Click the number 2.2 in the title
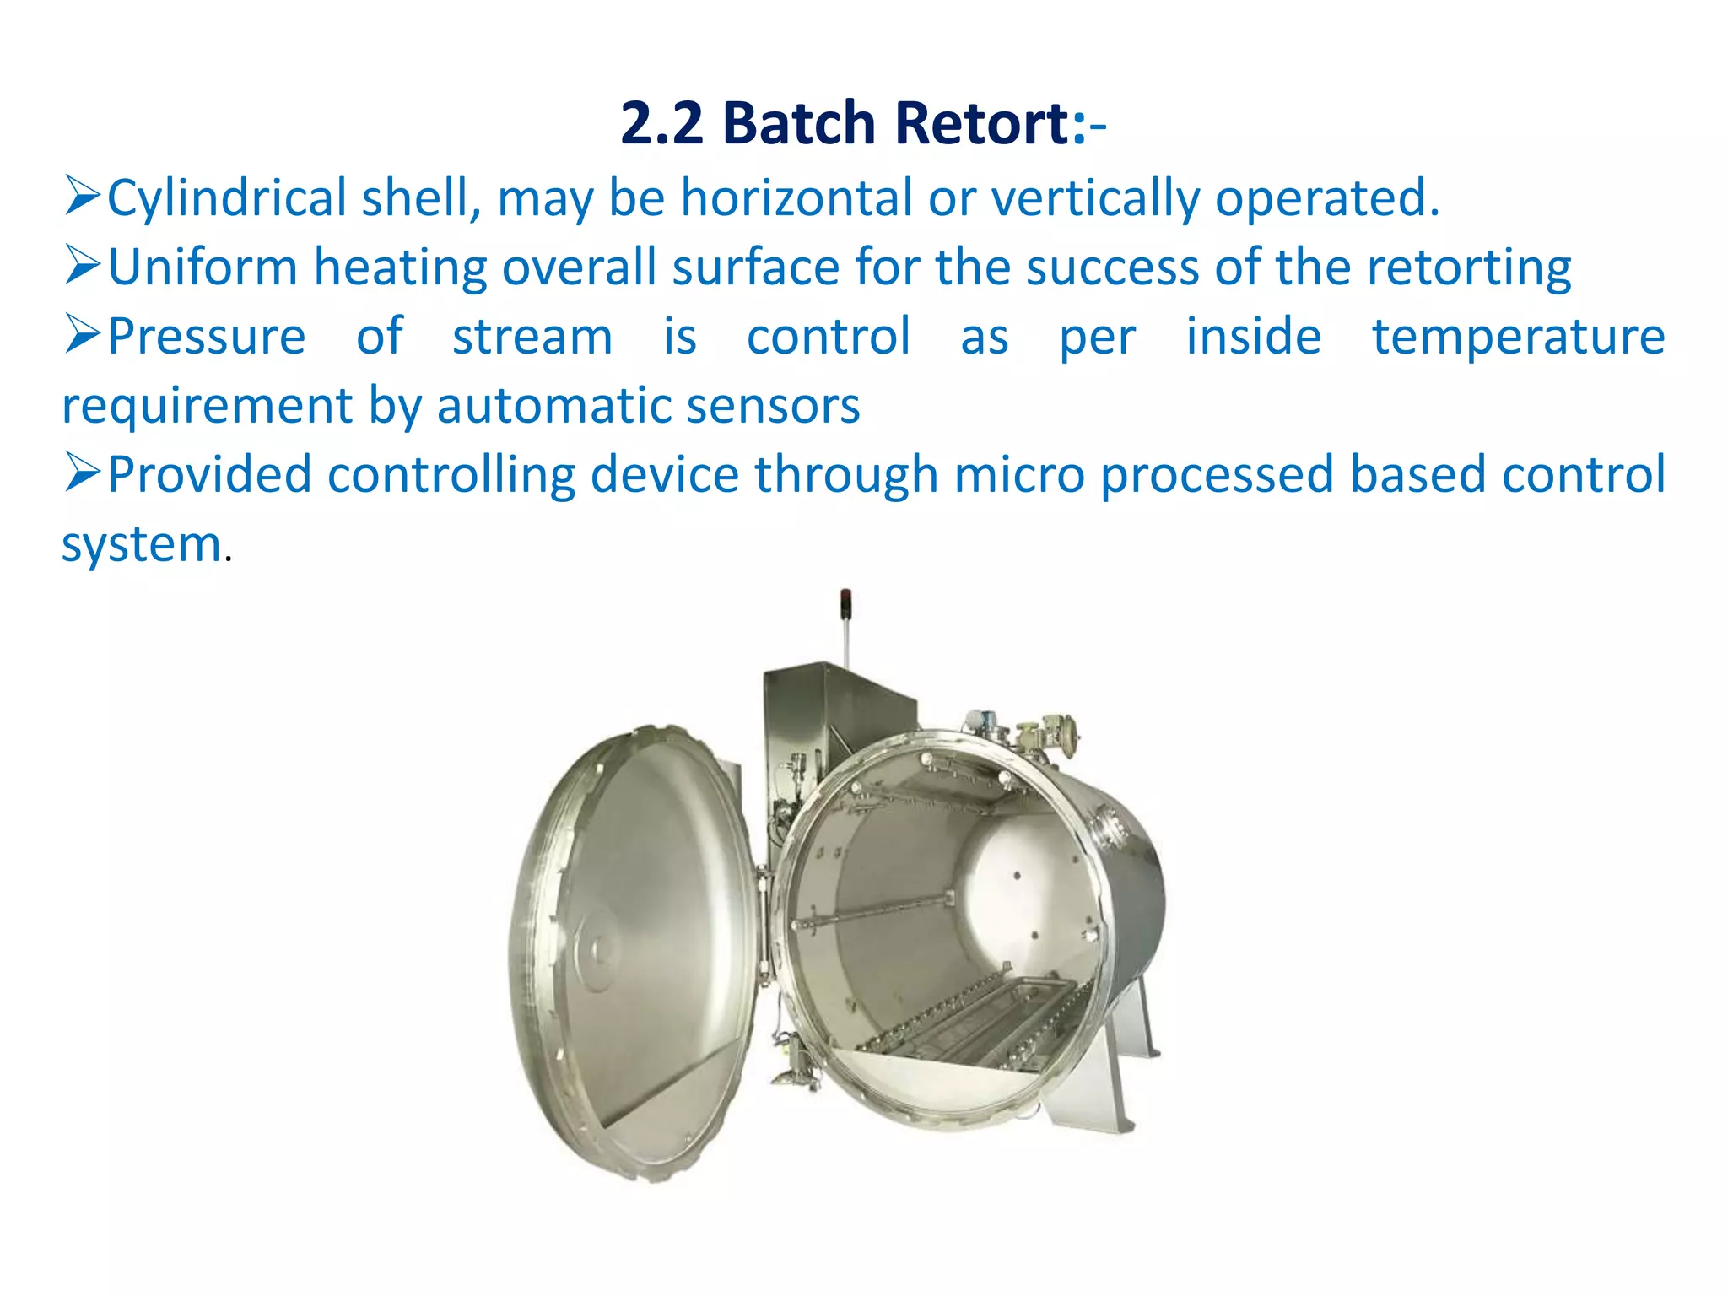pyautogui.click(x=661, y=123)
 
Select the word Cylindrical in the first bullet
pyautogui.click(x=227, y=199)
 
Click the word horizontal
pyautogui.click(x=796, y=197)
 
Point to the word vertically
pyautogui.click(x=1095, y=199)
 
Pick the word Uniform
pyautogui.click(x=202, y=267)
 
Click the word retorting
pyautogui.click(x=1468, y=269)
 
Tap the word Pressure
pyautogui.click(x=207, y=337)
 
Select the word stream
pyautogui.click(x=532, y=337)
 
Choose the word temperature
pyautogui.click(x=1518, y=338)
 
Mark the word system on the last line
pyautogui.click(x=142, y=544)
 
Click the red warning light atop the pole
pyautogui.click(x=845, y=597)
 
